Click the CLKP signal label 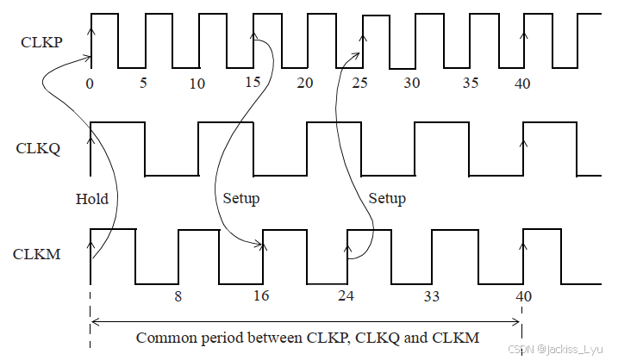tap(41, 42)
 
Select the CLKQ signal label tap(39, 147)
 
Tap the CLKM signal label tap(36, 254)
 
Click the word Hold tap(92, 199)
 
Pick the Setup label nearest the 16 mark tap(241, 199)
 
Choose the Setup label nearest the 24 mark tap(387, 199)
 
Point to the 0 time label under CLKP tap(90, 84)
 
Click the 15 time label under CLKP tap(253, 84)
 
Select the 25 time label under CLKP tap(359, 84)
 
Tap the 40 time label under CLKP tap(522, 84)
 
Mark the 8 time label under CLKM tap(178, 296)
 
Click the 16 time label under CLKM tap(261, 296)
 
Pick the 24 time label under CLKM tap(346, 296)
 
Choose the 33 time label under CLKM tap(432, 296)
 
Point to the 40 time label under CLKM tap(523, 296)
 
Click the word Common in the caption tap(165, 338)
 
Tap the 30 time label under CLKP tap(412, 84)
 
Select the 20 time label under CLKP tap(304, 84)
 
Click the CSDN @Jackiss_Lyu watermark tap(559, 349)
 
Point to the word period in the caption tap(221, 338)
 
